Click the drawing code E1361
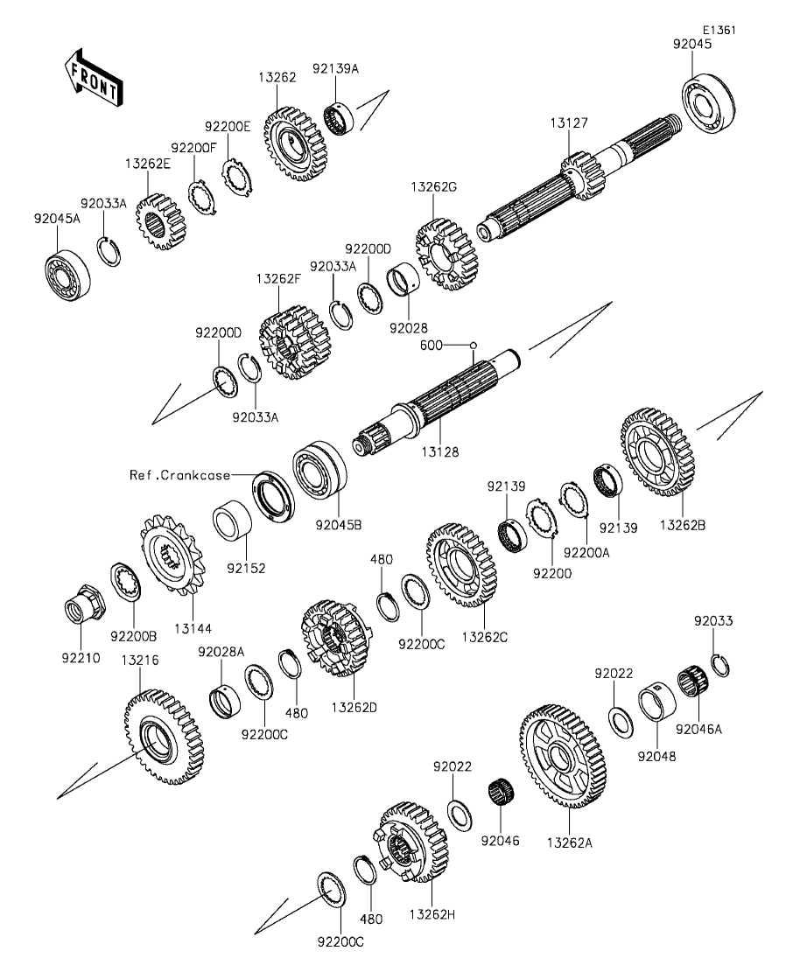719,29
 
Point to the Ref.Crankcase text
180,475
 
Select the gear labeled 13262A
563,756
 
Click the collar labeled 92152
233,523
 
